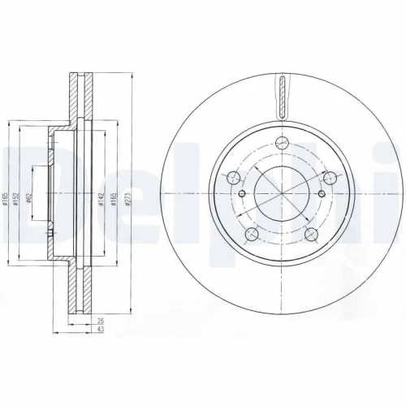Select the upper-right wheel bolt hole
point(330,178)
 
